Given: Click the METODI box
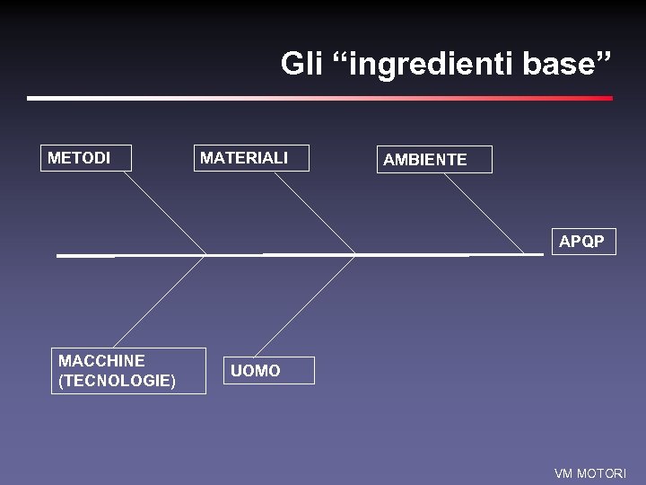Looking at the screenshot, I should [86, 158].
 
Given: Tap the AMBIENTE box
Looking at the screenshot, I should [434, 160].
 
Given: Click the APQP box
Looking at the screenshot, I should [582, 242].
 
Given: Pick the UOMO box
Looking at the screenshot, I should [269, 370].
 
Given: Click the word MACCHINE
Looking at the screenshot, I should [101, 361].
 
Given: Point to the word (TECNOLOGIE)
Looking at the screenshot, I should [117, 381].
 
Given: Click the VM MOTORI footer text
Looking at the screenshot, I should [589, 473].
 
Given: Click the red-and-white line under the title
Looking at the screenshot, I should [319, 98].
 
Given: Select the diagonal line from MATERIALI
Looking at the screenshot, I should [314, 213].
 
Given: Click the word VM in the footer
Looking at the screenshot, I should [563, 473].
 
